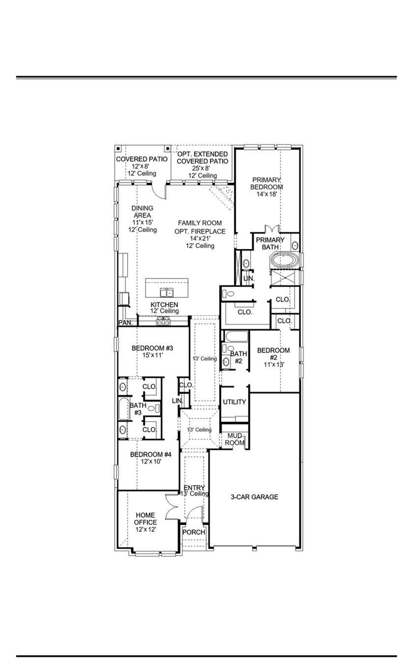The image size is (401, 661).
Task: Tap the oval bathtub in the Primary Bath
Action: pyautogui.click(x=284, y=261)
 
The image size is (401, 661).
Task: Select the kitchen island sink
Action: pyautogui.click(x=167, y=293)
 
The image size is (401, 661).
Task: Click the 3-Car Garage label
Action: pyautogui.click(x=254, y=497)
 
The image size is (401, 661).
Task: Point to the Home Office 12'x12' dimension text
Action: pyautogui.click(x=146, y=529)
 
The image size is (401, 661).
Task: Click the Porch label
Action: pyautogui.click(x=194, y=532)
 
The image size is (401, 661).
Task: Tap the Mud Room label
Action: pyautogui.click(x=235, y=439)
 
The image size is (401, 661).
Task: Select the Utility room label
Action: pyautogui.click(x=234, y=402)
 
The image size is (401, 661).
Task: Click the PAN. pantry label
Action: pyautogui.click(x=126, y=323)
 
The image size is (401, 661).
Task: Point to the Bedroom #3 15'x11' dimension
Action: pyautogui.click(x=152, y=355)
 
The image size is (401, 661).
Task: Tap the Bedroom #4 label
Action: pyautogui.click(x=151, y=454)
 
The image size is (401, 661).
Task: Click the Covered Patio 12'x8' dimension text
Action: pyautogui.click(x=142, y=167)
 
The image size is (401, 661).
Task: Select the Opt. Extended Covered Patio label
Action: pyautogui.click(x=202, y=158)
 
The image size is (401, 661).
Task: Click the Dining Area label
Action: pyautogui.click(x=142, y=212)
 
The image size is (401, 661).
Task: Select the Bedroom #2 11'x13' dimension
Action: pyautogui.click(x=273, y=365)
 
